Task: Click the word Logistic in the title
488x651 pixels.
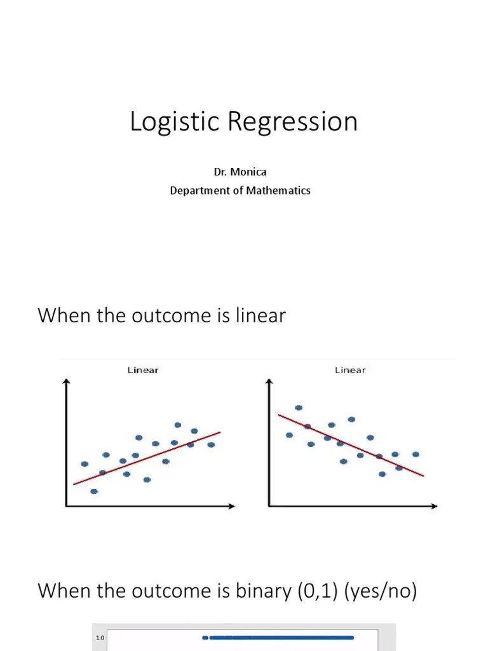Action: pyautogui.click(x=166, y=122)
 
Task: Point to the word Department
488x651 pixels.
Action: pyautogui.click(x=199, y=190)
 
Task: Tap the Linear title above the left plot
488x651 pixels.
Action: pyautogui.click(x=143, y=370)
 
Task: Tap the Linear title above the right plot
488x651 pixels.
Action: pyautogui.click(x=350, y=370)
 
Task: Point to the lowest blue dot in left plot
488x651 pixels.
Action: pyautogui.click(x=94, y=491)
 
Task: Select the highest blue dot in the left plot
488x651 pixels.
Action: pyautogui.click(x=178, y=425)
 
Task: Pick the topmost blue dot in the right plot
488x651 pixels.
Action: pyautogui.click(x=299, y=408)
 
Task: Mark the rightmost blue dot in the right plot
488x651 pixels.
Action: pyautogui.click(x=416, y=454)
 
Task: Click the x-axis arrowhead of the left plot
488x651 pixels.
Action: pyautogui.click(x=232, y=506)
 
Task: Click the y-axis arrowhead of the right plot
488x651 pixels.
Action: pyautogui.click(x=269, y=382)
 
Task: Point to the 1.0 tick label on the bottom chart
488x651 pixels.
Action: pyautogui.click(x=100, y=638)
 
